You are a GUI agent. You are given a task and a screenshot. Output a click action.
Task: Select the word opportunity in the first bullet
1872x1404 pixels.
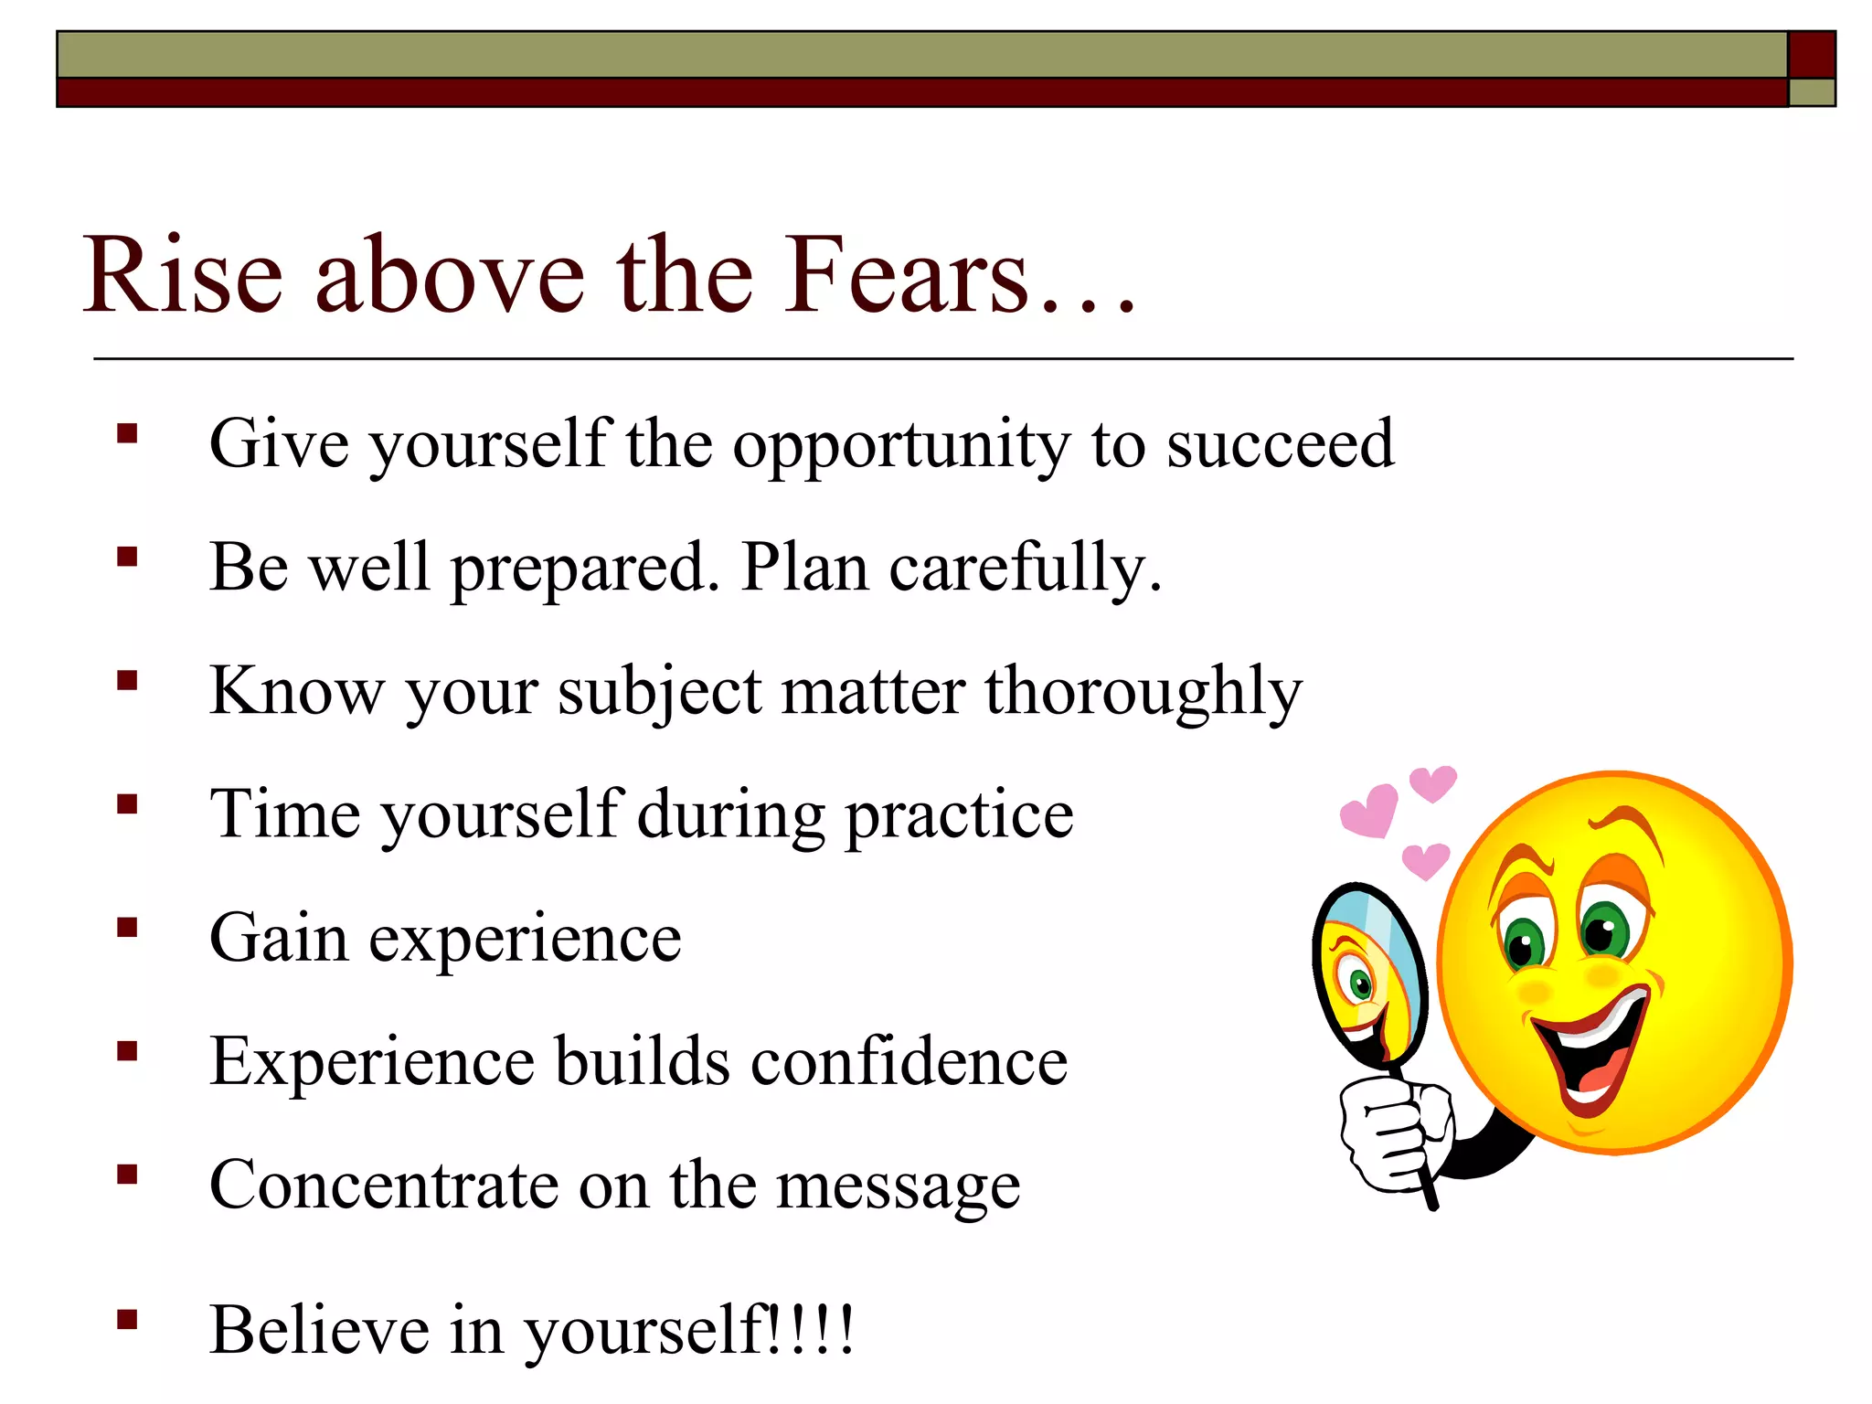tap(900, 445)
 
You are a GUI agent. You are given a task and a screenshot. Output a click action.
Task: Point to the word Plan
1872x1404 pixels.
tap(804, 568)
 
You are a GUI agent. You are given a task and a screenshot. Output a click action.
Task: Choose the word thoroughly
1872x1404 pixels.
tap(1143, 692)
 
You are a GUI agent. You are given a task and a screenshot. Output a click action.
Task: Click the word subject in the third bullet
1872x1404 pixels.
tap(660, 692)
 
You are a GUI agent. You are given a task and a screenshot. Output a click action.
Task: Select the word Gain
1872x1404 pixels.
tap(279, 938)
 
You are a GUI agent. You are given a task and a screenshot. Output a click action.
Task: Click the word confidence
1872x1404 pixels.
tap(909, 1061)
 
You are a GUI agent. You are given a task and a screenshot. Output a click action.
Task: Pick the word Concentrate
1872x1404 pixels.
tap(384, 1186)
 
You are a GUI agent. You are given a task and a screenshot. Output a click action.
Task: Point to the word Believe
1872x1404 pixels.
tap(319, 1329)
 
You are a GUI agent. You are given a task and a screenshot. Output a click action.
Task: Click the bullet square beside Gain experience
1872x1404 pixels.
tap(127, 928)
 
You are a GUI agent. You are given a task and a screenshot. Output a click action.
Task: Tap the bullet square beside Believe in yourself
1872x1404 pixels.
tap(127, 1319)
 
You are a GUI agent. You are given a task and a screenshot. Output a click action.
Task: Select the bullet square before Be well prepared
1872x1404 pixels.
tap(127, 557)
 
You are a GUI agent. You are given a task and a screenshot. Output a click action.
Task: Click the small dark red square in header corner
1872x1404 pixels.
tap(1811, 55)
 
